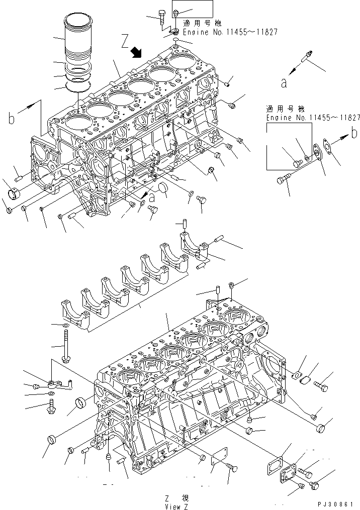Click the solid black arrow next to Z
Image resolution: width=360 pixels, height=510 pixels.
[x=136, y=52]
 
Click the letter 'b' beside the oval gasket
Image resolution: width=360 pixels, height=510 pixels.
[x=354, y=133]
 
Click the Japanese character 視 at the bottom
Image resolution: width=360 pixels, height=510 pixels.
[x=186, y=498]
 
